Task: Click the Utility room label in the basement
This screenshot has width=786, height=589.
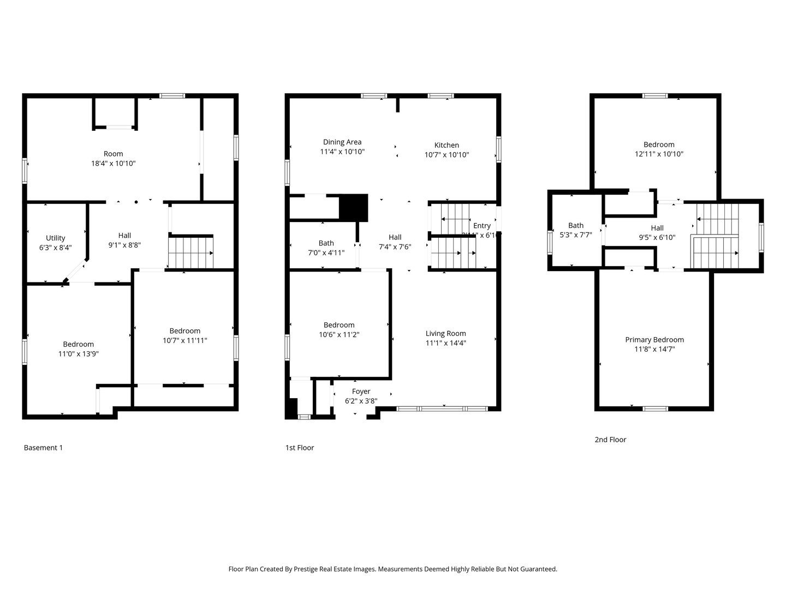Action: (x=55, y=238)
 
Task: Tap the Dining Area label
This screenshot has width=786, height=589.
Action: (x=342, y=142)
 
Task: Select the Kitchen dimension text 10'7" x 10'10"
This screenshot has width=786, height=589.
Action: (x=446, y=155)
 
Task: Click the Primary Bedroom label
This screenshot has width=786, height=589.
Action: (x=654, y=340)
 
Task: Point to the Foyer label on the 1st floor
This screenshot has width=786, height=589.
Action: (x=361, y=392)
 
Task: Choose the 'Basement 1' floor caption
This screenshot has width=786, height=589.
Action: (x=43, y=448)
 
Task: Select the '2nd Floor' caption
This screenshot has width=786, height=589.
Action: (x=610, y=440)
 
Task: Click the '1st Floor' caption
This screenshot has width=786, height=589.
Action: (x=300, y=448)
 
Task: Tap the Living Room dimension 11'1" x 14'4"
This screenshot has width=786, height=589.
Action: (x=445, y=343)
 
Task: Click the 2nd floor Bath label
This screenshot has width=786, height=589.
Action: (x=576, y=225)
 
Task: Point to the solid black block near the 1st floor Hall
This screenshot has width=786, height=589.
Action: (x=354, y=208)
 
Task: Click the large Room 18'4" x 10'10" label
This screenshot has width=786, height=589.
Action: (x=114, y=154)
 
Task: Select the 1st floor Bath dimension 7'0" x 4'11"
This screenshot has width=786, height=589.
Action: (x=326, y=253)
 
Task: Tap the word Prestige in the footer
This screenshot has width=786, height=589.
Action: (x=306, y=569)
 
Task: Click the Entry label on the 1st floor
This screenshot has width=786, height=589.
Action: (x=481, y=226)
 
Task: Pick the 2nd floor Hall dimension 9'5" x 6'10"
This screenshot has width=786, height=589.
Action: (x=657, y=237)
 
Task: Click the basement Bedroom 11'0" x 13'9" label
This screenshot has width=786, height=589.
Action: (x=78, y=344)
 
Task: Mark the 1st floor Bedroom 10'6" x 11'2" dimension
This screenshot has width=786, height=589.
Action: (x=339, y=334)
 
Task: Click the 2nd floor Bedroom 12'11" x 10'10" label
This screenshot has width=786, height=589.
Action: (x=659, y=145)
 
